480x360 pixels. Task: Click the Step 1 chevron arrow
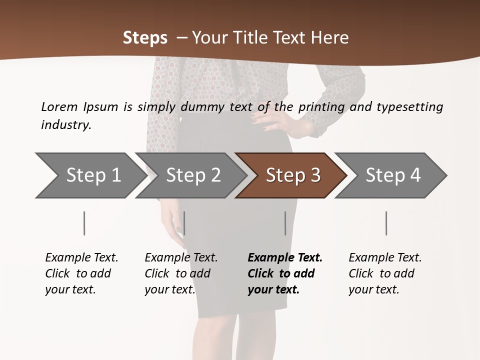coord(90,175)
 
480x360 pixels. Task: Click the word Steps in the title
coord(145,38)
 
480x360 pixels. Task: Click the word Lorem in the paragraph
coord(59,106)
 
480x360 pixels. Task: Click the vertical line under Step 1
coord(84,223)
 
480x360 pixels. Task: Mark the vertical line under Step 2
coord(184,223)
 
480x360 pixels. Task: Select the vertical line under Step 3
coord(285,223)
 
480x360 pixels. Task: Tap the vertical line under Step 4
coord(386,223)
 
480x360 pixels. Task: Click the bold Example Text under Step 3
coord(285,258)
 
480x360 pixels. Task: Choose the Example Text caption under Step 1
coord(81,258)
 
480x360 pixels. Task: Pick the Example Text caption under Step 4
coord(385,258)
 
